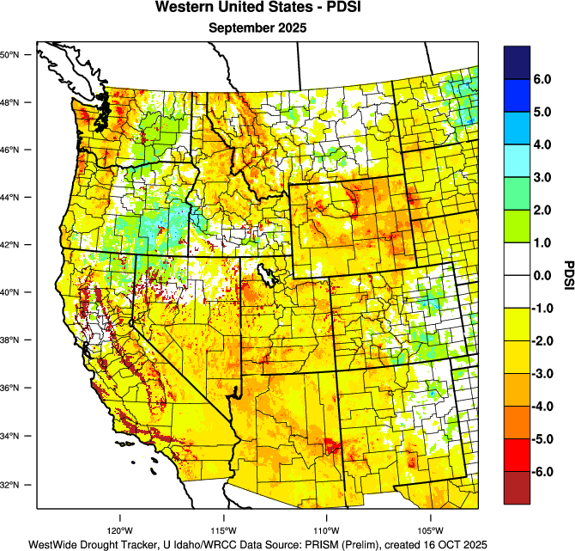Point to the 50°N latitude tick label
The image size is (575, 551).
pyautogui.click(x=15, y=55)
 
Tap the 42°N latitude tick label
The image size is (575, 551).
pyautogui.click(x=15, y=245)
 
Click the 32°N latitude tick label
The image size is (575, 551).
pyautogui.click(x=15, y=485)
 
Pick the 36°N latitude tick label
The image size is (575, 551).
pyautogui.click(x=15, y=389)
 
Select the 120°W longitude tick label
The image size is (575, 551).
pyautogui.click(x=119, y=530)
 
